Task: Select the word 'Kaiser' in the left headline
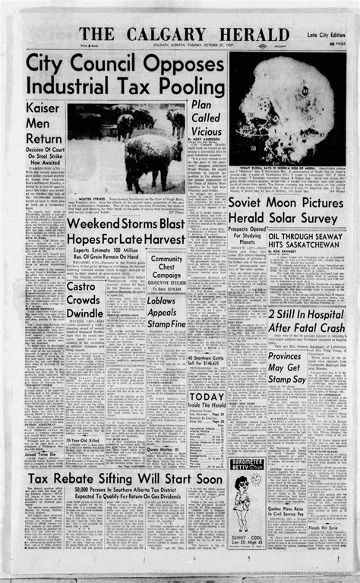[x=44, y=107]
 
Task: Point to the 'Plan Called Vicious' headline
[x=205, y=120]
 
